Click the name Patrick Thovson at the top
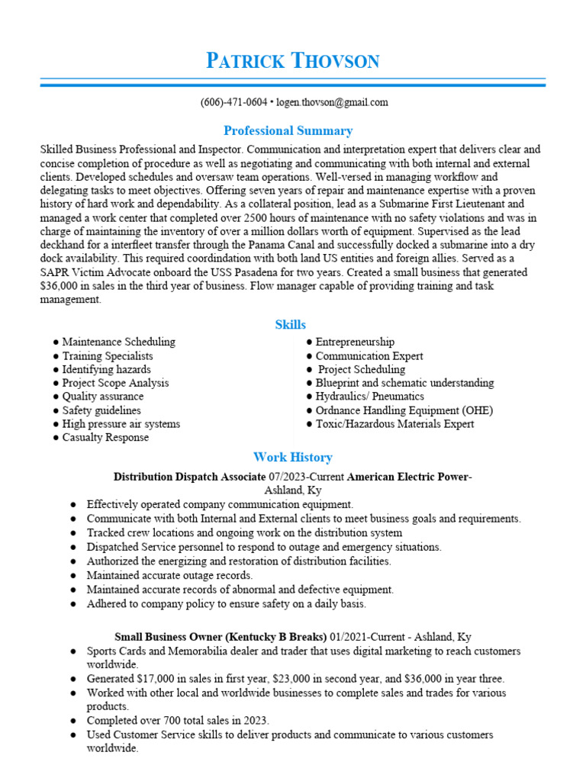click(x=292, y=61)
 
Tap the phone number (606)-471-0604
click(x=233, y=102)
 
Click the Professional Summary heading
click(x=288, y=130)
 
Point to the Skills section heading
click(x=290, y=325)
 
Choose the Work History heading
click(x=292, y=458)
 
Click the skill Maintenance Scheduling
click(x=118, y=342)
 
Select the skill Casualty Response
click(x=105, y=438)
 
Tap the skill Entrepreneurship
click(x=355, y=342)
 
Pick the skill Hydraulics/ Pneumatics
click(x=369, y=397)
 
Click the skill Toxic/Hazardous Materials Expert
click(x=394, y=424)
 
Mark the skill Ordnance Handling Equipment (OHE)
click(x=404, y=410)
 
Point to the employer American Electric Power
click(x=408, y=477)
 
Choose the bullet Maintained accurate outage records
click(x=169, y=575)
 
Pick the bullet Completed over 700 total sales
click(x=178, y=720)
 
